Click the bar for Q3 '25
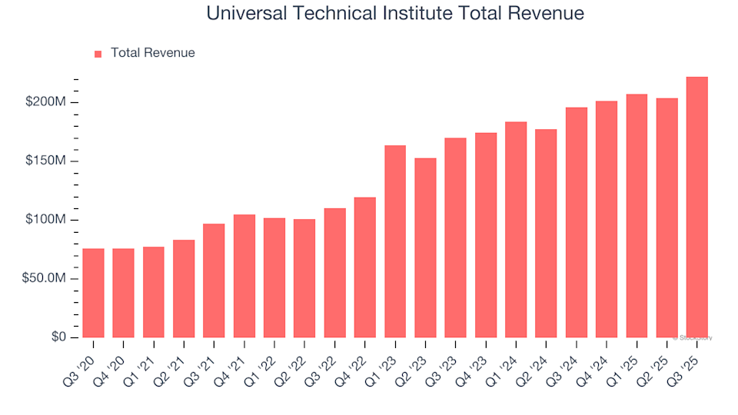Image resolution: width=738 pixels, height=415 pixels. [696, 207]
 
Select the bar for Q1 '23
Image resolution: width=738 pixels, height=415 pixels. [395, 241]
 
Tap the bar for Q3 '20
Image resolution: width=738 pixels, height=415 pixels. [93, 293]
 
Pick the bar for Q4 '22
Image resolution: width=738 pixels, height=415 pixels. [365, 267]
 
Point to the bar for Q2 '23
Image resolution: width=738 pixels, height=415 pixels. [425, 247]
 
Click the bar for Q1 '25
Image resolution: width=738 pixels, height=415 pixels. [637, 216]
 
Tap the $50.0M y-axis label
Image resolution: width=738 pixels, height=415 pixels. [45, 279]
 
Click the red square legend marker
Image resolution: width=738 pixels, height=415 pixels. [98, 54]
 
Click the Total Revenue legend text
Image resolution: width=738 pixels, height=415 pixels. [152, 53]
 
